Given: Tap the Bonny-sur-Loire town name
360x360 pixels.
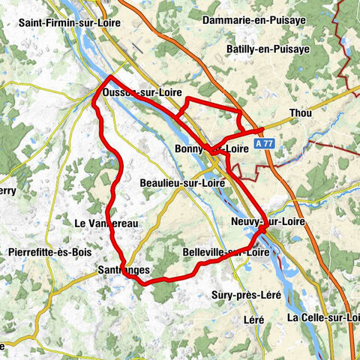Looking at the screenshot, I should (x=211, y=148).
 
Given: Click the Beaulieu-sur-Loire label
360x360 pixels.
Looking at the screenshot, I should (x=182, y=182).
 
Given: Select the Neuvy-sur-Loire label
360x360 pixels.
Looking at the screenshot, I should (x=268, y=223).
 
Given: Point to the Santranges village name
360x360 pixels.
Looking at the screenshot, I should (x=124, y=269).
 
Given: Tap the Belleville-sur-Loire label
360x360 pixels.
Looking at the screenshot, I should (x=226, y=253).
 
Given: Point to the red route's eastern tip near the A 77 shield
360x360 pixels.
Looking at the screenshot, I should (x=262, y=130).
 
